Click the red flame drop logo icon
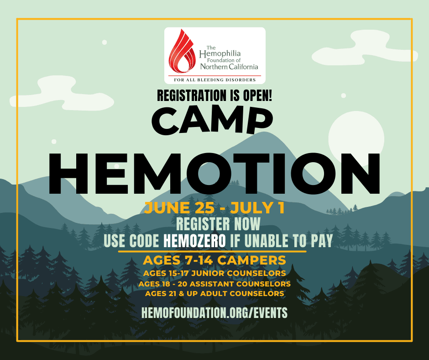click(x=182, y=52)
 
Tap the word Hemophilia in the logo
click(x=220, y=54)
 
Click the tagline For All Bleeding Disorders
click(x=215, y=80)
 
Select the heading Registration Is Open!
click(x=214, y=95)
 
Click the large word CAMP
click(x=213, y=120)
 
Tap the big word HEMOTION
click(x=214, y=174)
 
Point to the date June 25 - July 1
click(x=214, y=208)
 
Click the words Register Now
click(x=218, y=224)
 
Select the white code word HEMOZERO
click(x=194, y=241)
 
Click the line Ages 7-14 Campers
click(x=214, y=260)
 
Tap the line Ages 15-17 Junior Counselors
click(x=214, y=273)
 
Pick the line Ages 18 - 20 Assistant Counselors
click(x=214, y=284)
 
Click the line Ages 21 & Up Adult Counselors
click(x=214, y=294)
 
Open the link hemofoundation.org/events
click(x=214, y=312)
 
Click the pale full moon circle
click(x=356, y=139)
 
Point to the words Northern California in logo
click(x=229, y=67)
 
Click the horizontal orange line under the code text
click(x=212, y=251)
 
